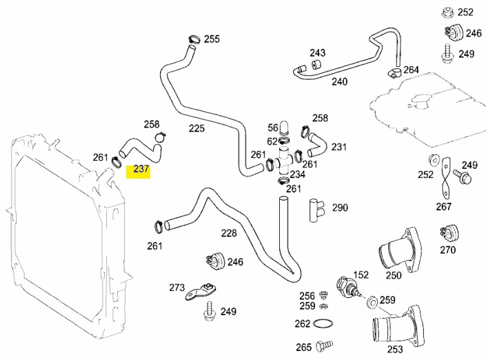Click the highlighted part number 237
[141, 170]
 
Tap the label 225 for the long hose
[196, 128]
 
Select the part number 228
[229, 234]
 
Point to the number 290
[340, 208]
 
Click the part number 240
[339, 81]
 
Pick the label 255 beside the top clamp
[211, 39]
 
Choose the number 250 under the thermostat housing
[393, 276]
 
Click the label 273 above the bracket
[177, 288]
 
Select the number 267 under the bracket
[443, 206]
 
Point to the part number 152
[361, 275]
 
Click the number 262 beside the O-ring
[303, 324]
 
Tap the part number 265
[303, 347]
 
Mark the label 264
[411, 70]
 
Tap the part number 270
[448, 250]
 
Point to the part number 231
[339, 147]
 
